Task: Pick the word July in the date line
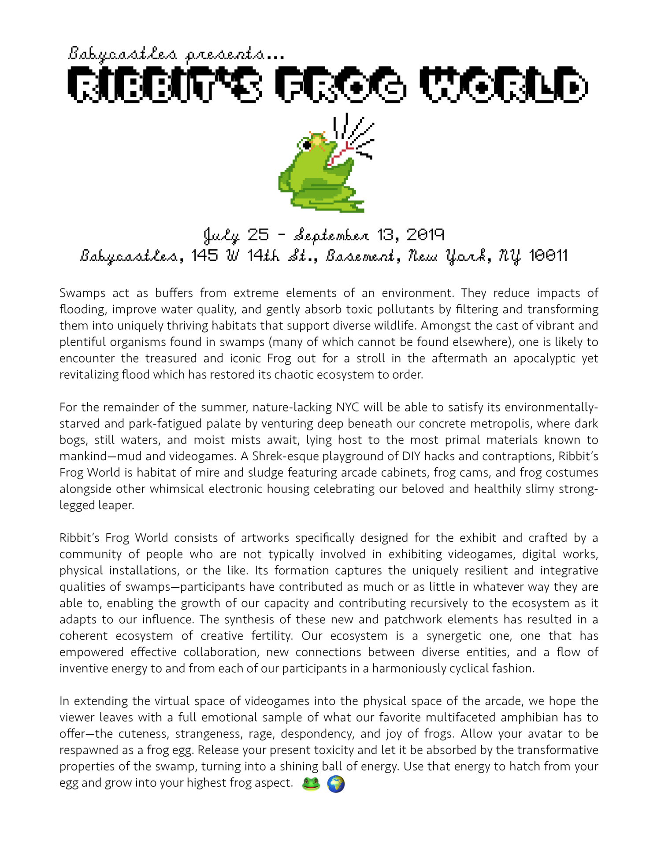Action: tap(221, 236)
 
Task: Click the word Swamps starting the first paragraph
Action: tap(82, 293)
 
